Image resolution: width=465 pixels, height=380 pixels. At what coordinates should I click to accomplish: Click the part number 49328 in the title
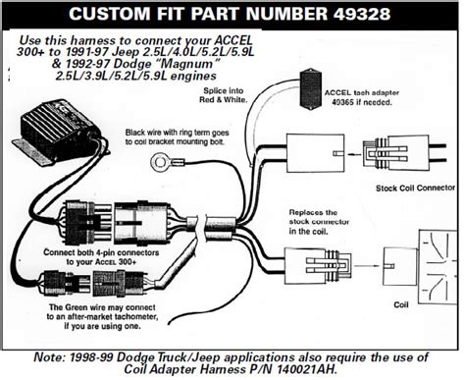coord(362,14)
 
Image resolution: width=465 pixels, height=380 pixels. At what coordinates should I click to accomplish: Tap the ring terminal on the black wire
coord(161,162)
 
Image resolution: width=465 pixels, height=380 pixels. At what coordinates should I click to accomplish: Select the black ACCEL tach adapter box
coord(310,88)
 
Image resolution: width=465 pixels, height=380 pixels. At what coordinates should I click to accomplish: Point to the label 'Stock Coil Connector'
coord(415,188)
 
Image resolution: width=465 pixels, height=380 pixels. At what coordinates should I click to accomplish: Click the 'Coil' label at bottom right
coord(401,304)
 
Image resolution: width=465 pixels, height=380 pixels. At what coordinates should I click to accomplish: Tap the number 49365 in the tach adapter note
coord(342,102)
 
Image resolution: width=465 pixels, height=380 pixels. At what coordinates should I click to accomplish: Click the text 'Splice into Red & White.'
coord(224,95)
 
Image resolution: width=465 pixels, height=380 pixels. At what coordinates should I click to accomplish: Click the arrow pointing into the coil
coord(367,265)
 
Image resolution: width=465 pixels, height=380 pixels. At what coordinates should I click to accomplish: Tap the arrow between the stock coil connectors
coord(354,154)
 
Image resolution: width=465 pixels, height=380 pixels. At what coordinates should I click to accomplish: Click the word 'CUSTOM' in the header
coord(110,14)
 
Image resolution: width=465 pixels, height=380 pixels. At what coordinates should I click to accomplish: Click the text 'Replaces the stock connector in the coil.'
coord(319,222)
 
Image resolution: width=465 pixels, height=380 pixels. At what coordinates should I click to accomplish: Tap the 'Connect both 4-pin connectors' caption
coord(101,252)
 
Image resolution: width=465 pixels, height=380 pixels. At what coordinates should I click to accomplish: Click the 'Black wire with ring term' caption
coord(177,133)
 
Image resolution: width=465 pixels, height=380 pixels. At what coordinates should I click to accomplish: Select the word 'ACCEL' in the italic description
coord(233,40)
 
